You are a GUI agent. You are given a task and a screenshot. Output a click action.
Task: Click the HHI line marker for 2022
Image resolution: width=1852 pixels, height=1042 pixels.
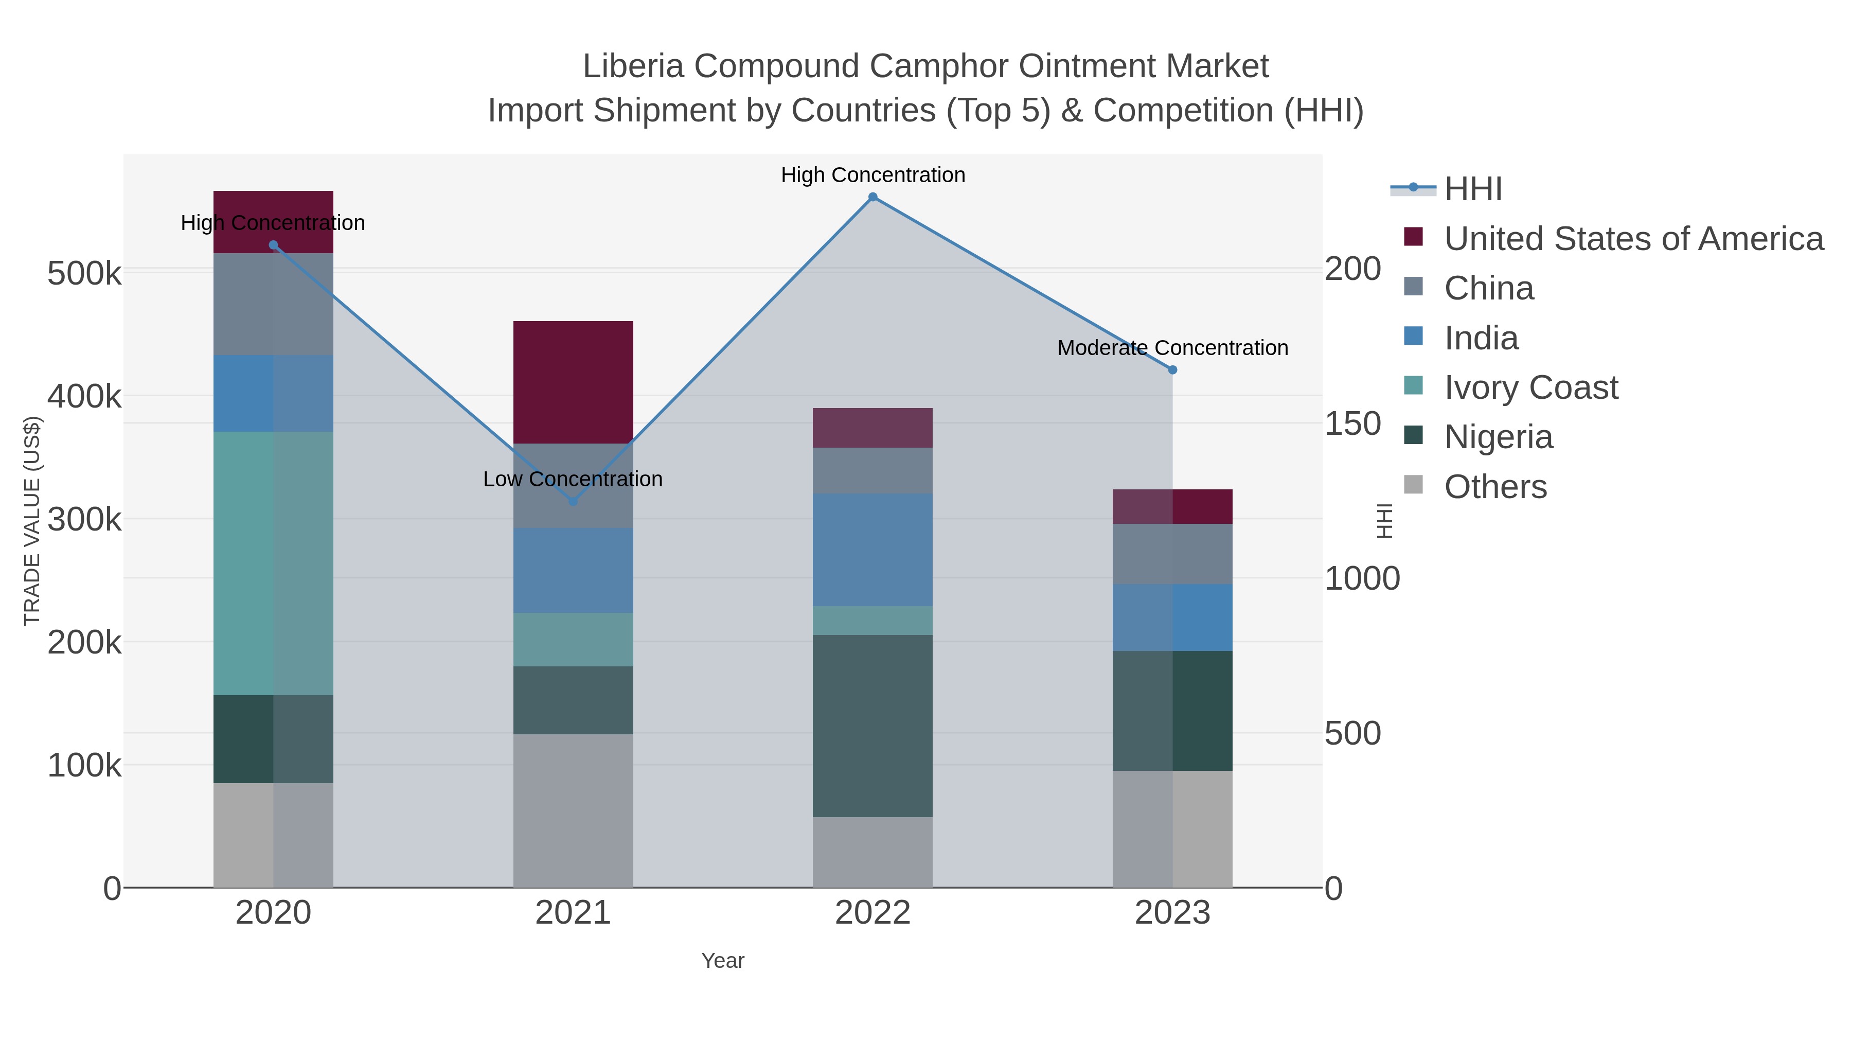pyautogui.click(x=873, y=197)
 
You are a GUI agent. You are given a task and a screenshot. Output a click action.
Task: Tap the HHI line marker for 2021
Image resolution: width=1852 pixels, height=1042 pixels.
pyautogui.click(x=573, y=501)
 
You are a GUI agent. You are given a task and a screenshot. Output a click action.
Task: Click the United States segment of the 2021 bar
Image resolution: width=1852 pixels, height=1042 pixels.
pyautogui.click(x=573, y=382)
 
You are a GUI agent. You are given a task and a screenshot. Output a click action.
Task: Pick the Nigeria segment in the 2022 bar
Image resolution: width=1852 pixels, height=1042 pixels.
pyautogui.click(x=873, y=726)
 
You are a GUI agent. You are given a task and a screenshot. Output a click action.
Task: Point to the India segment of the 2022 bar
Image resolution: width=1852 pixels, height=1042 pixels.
pyautogui.click(x=873, y=550)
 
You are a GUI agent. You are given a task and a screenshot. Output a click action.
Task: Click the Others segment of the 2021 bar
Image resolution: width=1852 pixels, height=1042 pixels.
pyautogui.click(x=573, y=810)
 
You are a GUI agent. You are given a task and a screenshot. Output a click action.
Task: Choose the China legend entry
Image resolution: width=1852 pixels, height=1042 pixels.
pyautogui.click(x=1488, y=288)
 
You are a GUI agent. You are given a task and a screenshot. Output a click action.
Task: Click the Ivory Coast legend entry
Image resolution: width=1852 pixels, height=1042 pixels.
pyautogui.click(x=1530, y=387)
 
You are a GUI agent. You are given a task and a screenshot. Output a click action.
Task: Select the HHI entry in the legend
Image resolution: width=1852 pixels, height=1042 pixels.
pyautogui.click(x=1472, y=189)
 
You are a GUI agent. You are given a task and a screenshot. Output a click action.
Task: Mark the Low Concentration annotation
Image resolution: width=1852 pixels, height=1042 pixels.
pyautogui.click(x=573, y=479)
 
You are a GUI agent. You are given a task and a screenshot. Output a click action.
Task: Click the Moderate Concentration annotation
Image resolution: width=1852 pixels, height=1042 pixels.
pyautogui.click(x=1172, y=348)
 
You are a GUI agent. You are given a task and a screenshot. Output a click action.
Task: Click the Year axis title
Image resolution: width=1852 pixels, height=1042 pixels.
pyautogui.click(x=723, y=961)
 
